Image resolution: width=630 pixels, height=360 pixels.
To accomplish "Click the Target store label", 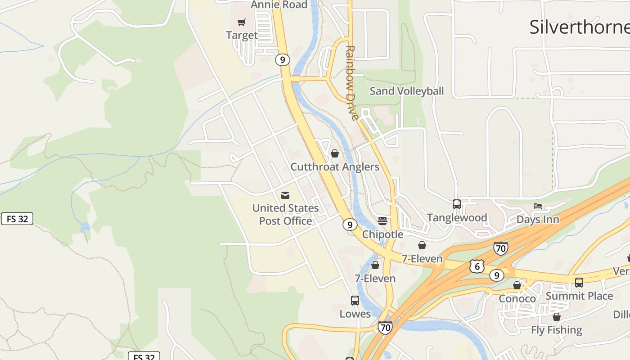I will click(242, 35).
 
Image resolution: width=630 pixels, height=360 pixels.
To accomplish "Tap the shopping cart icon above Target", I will click(242, 22).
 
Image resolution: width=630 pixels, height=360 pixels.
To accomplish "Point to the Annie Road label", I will click(279, 5).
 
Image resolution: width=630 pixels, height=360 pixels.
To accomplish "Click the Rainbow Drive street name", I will click(351, 83).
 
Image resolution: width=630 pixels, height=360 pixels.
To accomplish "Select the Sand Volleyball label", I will click(406, 91).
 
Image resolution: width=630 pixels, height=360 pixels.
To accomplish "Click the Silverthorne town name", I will click(579, 27).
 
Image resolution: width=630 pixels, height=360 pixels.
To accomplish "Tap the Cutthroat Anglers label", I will click(335, 166).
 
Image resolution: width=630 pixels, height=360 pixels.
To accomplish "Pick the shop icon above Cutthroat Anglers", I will click(334, 154).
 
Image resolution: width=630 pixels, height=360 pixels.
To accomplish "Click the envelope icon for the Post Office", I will click(285, 195).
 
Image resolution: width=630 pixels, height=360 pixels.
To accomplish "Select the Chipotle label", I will click(382, 234).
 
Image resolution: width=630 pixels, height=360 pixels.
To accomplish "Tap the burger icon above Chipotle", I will click(382, 221).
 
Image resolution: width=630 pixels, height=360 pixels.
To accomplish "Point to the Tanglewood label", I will click(457, 217).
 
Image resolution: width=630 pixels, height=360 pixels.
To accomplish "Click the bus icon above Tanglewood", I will click(457, 204).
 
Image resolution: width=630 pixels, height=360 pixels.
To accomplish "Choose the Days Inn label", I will click(538, 220).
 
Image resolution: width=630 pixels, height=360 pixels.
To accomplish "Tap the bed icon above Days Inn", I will click(538, 207).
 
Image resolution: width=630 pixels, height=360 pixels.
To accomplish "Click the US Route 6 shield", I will click(477, 266).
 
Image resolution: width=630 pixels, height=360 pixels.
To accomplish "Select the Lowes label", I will click(355, 314).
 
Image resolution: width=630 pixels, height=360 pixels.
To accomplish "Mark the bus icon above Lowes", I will click(355, 301).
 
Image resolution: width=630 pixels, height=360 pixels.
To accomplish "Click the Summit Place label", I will click(579, 296).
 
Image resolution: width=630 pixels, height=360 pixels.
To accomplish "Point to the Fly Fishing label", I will click(556, 330).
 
